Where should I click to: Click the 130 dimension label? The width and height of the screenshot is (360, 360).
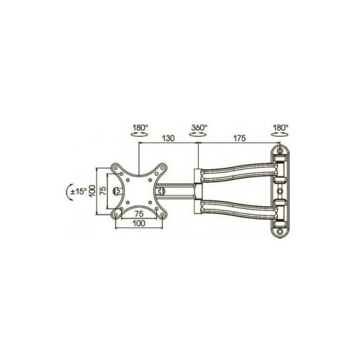[x=168, y=138]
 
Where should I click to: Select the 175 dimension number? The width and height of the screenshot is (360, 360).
[x=239, y=138]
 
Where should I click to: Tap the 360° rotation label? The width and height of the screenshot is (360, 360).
[x=199, y=127]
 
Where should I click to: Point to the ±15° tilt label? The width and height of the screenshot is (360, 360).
[x=78, y=192]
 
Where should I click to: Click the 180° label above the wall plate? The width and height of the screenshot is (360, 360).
[x=281, y=127]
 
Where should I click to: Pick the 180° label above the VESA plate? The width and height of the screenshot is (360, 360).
[x=140, y=127]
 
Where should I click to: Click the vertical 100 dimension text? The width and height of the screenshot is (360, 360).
[x=92, y=192]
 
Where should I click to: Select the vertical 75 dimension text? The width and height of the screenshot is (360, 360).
[x=103, y=191]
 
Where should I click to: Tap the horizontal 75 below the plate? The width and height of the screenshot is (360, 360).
[x=139, y=213]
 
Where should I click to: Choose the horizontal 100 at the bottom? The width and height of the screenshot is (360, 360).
[x=139, y=223]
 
